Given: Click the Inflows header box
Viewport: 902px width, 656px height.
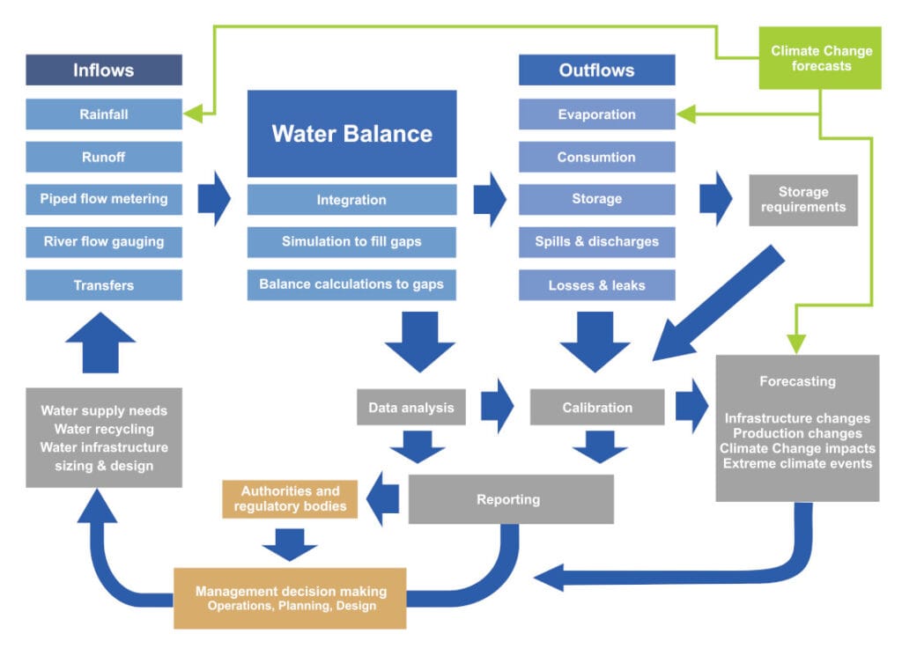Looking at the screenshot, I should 104,70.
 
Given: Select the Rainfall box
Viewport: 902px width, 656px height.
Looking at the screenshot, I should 104,114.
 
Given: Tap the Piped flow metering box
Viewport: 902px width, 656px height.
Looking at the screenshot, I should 104,198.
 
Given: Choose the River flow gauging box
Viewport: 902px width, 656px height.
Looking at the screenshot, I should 104,241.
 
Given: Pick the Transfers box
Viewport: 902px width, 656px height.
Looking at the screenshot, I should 104,284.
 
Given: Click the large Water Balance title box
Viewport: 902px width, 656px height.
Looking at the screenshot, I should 351,133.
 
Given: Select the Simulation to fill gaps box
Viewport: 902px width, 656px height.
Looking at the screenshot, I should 351,241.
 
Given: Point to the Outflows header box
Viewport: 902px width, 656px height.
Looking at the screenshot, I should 596,70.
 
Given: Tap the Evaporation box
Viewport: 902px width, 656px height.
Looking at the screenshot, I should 596,114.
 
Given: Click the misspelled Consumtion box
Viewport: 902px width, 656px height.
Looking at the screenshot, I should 596,157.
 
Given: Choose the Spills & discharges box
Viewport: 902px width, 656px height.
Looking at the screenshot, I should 596,241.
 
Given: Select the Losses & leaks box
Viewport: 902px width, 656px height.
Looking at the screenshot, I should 596,284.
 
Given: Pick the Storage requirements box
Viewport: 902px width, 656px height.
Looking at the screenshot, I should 802,200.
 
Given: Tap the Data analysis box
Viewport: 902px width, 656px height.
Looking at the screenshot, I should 410,407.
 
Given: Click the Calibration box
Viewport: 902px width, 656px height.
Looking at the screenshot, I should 597,407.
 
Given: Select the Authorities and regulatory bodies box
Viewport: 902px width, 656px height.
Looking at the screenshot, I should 290,498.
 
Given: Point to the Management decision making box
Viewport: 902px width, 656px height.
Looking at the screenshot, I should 290,598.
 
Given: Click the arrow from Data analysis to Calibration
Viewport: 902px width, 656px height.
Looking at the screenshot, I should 497,407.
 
